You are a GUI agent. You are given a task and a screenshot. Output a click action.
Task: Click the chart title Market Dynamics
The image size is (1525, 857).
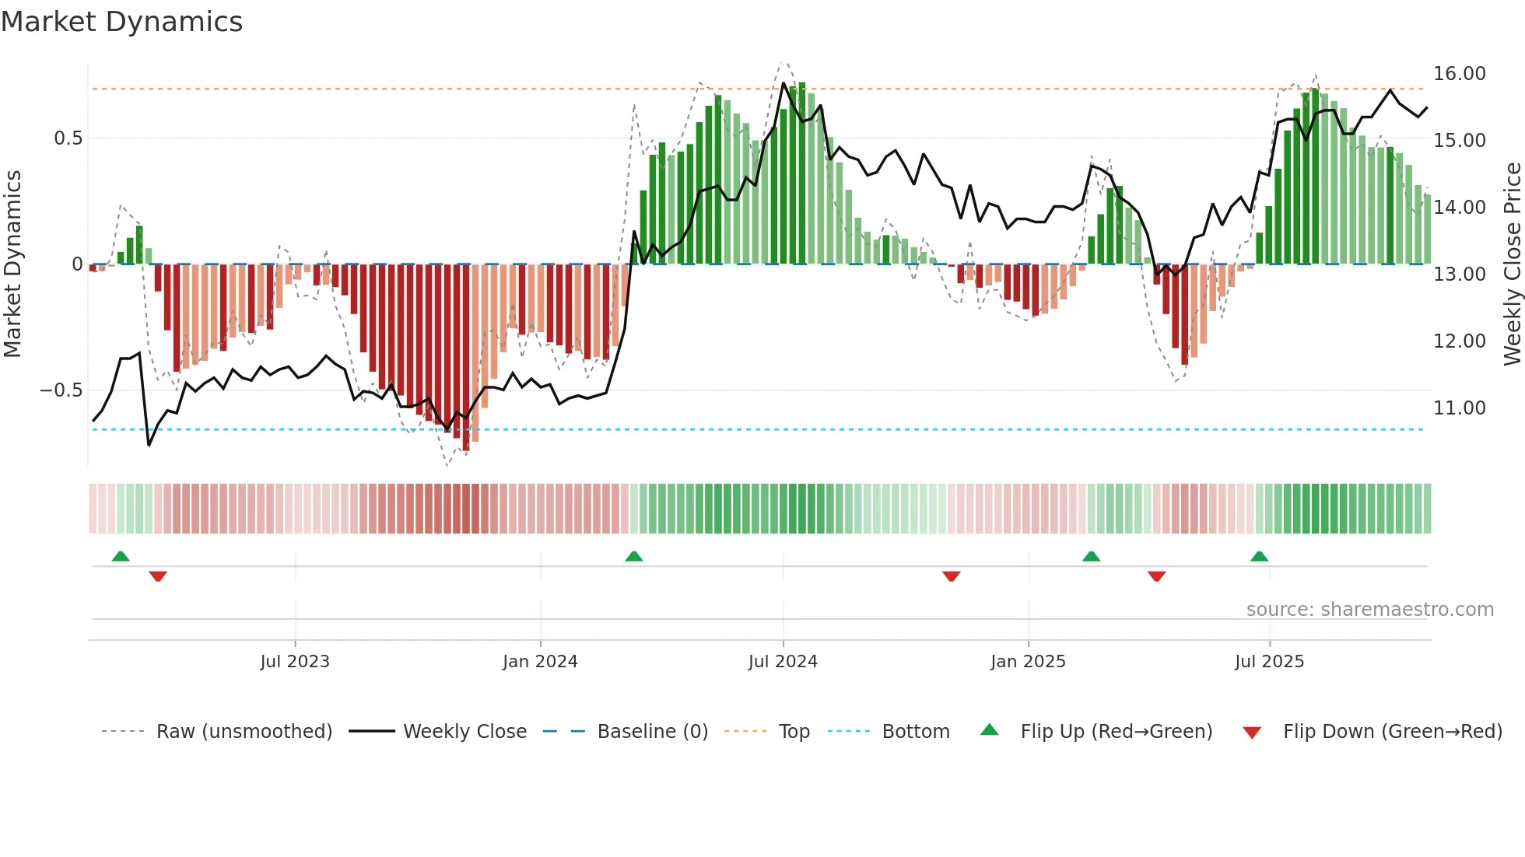pos(122,22)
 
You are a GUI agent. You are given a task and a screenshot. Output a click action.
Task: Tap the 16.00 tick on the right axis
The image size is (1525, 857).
pos(1459,74)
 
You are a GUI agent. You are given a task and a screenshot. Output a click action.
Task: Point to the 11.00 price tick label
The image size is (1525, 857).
pos(1459,408)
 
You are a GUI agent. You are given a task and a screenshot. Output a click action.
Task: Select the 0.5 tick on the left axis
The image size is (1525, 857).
pos(68,138)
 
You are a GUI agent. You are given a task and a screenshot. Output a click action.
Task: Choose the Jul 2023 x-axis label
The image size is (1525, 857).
pos(295,662)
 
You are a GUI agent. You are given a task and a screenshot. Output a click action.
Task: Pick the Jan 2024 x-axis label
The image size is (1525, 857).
pos(540,662)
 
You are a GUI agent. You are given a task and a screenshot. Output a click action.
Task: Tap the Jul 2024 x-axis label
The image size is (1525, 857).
pos(783,662)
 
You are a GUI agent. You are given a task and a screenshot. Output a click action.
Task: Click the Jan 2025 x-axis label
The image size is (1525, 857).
pos(1028,662)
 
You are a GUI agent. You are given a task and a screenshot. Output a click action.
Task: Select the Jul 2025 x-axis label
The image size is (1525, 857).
pos(1269,662)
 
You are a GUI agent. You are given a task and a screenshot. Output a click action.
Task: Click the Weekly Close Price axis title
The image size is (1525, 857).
pos(1512,264)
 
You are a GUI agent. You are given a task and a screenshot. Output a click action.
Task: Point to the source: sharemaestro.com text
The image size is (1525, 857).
pos(1369,610)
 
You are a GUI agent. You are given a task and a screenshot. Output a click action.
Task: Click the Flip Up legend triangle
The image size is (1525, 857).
pos(989,729)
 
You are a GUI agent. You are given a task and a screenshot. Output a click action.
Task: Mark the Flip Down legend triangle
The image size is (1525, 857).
pos(1252,733)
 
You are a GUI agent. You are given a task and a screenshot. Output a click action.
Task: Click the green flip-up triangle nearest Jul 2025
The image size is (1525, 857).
pos(1259,556)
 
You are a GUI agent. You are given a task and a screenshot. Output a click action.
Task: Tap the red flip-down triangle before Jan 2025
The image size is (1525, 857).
pos(951,576)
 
